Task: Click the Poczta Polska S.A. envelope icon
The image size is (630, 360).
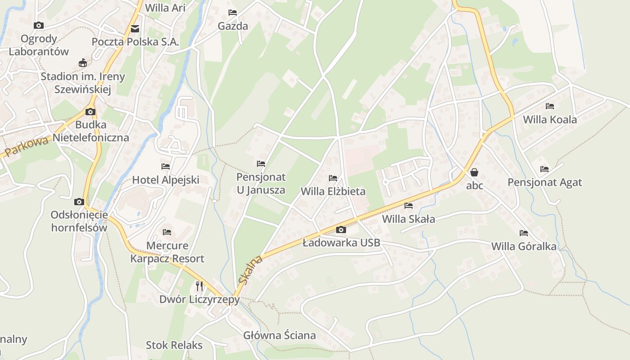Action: (135, 29)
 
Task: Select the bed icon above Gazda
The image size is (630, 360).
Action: (232, 13)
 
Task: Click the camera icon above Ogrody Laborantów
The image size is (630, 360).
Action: (39, 26)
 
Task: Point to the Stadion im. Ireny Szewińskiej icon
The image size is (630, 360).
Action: (83, 63)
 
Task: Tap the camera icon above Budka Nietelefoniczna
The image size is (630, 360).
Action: (90, 112)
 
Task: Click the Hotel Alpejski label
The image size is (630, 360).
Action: (166, 180)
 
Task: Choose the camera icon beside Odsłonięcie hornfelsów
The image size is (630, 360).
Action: (79, 202)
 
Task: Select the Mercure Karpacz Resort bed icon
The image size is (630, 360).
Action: (167, 232)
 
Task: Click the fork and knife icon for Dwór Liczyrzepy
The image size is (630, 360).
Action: (199, 286)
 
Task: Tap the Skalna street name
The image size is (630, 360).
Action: (251, 270)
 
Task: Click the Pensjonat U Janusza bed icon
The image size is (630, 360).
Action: (261, 164)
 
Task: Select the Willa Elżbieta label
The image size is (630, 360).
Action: (333, 191)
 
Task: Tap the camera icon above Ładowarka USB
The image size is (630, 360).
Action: (341, 230)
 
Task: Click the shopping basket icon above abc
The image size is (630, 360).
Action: (474, 172)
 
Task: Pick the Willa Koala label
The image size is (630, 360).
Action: (549, 120)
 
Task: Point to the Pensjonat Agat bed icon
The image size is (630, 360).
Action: (544, 169)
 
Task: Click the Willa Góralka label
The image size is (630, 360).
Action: (524, 246)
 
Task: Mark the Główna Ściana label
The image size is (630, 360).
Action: (279, 335)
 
